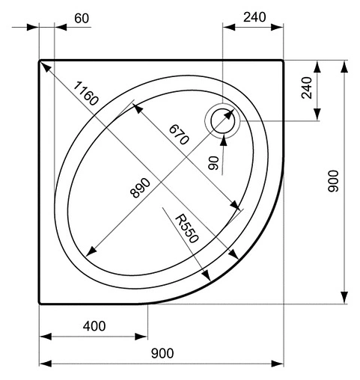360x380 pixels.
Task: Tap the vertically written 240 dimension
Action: [307, 90]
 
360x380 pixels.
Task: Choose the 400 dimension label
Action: [94, 326]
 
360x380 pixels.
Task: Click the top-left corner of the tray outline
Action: [40, 61]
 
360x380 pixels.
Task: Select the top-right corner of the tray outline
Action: [282, 61]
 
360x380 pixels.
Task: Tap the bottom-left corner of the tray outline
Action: [40, 303]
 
